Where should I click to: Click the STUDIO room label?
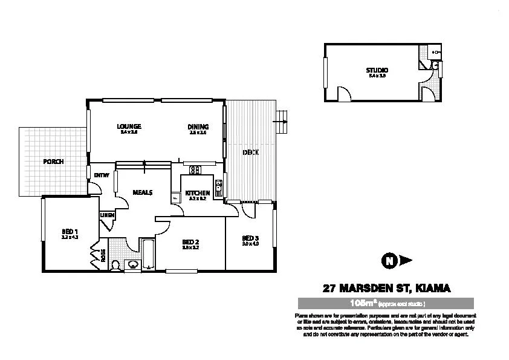point(377,71)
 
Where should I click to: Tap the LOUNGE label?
point(129,126)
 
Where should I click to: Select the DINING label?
point(198,126)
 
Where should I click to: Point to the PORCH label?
point(53,162)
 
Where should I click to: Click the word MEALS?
point(142,192)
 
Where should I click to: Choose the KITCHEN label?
point(197,193)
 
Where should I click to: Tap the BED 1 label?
point(70,232)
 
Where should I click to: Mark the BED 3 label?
point(250,238)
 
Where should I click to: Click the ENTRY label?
point(101,175)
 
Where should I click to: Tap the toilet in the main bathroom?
point(117,264)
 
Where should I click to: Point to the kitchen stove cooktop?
point(195,170)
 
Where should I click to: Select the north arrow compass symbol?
point(390,261)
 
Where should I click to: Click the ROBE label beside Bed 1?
point(103,255)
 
